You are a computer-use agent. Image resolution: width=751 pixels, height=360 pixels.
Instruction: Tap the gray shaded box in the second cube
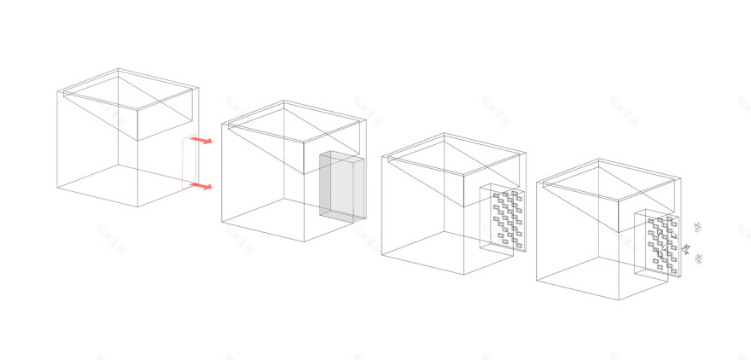pyautogui.click(x=341, y=189)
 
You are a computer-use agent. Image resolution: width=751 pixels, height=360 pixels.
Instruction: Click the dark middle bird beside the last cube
pyautogui.click(x=684, y=250)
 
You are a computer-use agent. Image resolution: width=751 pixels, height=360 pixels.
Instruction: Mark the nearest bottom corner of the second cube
pyautogui.click(x=306, y=241)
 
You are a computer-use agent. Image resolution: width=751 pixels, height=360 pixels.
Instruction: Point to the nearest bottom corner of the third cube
pyautogui.click(x=463, y=275)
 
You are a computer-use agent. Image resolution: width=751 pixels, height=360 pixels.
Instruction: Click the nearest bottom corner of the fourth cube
pyautogui.click(x=621, y=301)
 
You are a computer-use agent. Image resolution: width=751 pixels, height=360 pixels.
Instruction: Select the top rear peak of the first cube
pyautogui.click(x=118, y=71)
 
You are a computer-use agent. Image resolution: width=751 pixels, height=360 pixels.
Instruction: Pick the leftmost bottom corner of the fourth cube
pyautogui.click(x=537, y=280)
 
